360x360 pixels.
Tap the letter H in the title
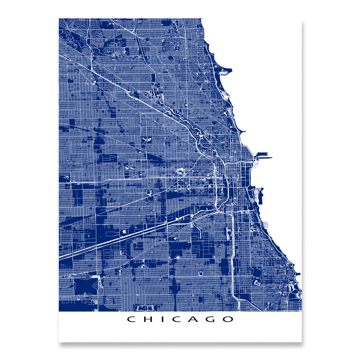147,319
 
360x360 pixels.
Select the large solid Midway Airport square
85,286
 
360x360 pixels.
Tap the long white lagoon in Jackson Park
291,288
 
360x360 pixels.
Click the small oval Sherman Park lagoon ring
200,273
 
